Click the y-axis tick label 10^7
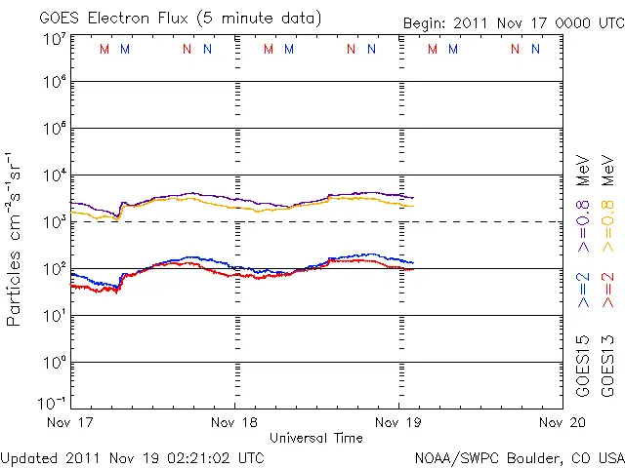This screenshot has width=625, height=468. [55, 40]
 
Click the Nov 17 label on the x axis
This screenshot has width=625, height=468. [69, 423]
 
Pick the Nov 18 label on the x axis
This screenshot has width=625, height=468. [234, 423]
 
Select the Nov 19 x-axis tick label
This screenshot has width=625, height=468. [399, 423]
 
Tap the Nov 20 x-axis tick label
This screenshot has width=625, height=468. [562, 423]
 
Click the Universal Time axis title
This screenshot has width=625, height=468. [316, 438]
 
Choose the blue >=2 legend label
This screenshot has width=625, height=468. [583, 289]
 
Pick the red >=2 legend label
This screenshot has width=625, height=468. [607, 289]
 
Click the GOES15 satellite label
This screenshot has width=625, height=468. [583, 365]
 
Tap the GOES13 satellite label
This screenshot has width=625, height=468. [607, 365]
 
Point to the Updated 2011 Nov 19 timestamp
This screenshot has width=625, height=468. [132, 457]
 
